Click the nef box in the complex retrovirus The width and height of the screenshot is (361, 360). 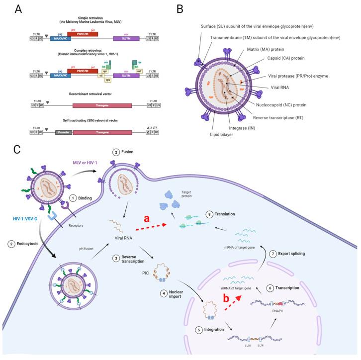click(139, 72)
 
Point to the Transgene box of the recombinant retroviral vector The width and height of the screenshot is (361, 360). click(102, 106)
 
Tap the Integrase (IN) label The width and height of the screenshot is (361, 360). click(249, 127)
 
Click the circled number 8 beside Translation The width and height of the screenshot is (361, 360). click(210, 214)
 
